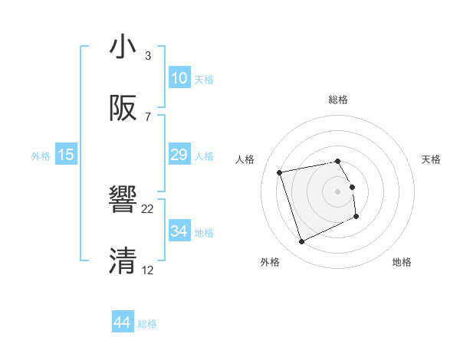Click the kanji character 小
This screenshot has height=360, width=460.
[x=123, y=47]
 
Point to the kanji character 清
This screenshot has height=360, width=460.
[x=123, y=261]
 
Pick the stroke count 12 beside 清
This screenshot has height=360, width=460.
[x=148, y=270]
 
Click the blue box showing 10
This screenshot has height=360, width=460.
[x=179, y=78]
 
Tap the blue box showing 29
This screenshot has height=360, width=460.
[x=179, y=155]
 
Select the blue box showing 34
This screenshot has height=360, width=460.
[x=179, y=231]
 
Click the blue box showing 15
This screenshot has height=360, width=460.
[x=66, y=155]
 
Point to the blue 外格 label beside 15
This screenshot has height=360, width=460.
[x=41, y=155]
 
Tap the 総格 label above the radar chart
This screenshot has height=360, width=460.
[x=338, y=100]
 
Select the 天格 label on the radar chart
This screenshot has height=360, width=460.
[x=431, y=159]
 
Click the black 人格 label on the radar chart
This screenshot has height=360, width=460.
[x=245, y=159]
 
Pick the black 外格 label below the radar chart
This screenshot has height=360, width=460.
[x=269, y=262]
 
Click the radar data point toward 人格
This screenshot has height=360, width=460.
[x=280, y=172]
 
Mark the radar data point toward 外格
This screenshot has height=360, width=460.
[x=301, y=242]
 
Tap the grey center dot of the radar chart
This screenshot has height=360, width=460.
[x=338, y=191]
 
